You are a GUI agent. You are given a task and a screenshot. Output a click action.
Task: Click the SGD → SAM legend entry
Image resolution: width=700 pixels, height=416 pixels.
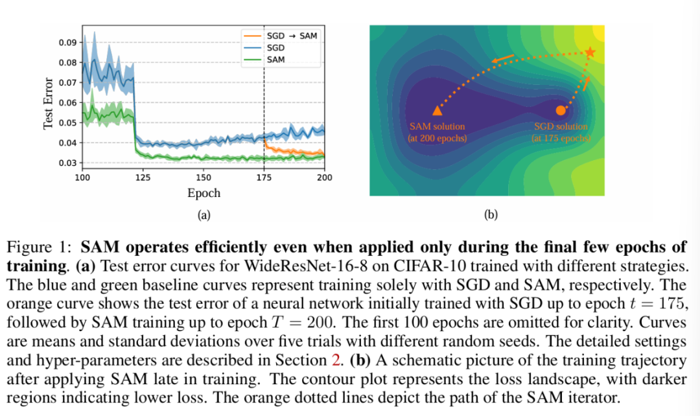280,36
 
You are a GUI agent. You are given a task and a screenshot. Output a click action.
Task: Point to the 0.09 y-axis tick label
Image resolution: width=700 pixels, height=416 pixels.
67,43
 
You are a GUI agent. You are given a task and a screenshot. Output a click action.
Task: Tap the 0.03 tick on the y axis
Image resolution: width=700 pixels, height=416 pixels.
67,163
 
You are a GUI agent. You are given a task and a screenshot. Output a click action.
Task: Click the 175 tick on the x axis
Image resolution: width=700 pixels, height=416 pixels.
264,178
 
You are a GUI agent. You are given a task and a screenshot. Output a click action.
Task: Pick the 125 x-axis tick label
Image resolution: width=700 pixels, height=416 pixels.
143,178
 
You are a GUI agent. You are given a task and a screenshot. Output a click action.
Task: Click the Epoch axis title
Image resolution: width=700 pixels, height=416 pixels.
204,193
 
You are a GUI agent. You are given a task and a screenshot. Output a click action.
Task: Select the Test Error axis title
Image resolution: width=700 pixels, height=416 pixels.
48,104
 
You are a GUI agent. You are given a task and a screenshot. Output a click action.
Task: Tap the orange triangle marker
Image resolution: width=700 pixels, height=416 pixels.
437,111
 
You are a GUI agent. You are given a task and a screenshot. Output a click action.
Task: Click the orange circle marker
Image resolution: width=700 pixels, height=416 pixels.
561,110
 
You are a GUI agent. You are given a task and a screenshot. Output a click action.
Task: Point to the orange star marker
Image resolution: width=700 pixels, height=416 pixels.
590,52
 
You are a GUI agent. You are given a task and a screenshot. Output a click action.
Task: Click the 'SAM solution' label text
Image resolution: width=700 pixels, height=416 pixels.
437,126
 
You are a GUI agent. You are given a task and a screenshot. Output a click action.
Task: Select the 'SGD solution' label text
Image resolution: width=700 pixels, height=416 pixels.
561,126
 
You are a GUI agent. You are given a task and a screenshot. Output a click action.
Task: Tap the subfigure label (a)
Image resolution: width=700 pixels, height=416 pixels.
204,215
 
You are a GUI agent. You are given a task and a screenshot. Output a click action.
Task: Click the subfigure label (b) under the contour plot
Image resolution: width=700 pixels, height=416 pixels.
491,214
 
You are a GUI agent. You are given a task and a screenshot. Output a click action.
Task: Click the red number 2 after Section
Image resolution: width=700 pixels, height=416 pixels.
336,360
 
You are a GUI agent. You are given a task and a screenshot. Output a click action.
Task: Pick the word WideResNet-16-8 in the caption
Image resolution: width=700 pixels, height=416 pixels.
316,266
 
